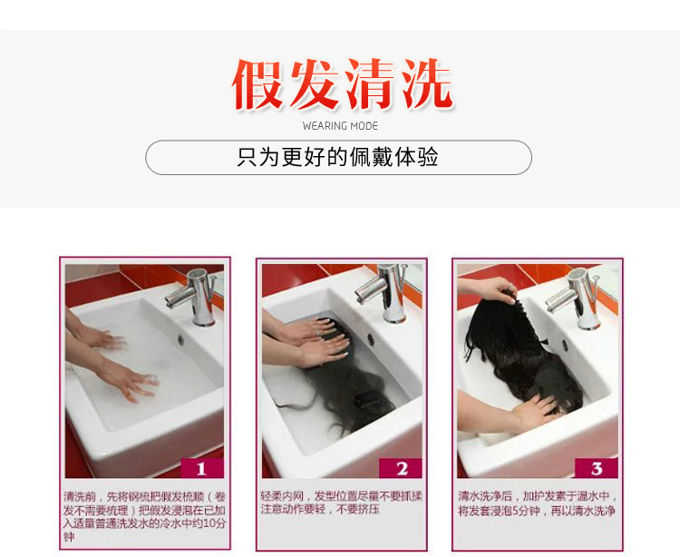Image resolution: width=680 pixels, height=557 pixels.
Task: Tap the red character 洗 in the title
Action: click(x=426, y=84)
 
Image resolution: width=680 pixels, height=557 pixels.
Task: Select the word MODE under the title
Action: click(x=364, y=126)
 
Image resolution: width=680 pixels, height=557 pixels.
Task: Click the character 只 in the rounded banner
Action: click(x=248, y=157)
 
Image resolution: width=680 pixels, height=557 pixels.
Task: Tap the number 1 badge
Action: click(x=202, y=468)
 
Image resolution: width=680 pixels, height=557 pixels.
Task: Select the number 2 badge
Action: click(x=400, y=468)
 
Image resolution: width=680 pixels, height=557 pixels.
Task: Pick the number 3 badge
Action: click(x=597, y=468)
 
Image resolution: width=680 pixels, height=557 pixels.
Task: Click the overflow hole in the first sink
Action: click(x=180, y=339)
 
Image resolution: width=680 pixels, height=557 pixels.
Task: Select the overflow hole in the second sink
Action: click(x=372, y=339)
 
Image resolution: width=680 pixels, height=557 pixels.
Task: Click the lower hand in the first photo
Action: click(x=126, y=378)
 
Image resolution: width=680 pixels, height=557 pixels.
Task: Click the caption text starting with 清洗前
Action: click(x=144, y=516)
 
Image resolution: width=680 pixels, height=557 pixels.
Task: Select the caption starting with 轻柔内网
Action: click(x=341, y=503)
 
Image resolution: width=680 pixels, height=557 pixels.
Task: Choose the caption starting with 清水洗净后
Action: click(x=538, y=503)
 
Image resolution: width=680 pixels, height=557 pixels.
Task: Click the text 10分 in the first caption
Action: click(x=214, y=523)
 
